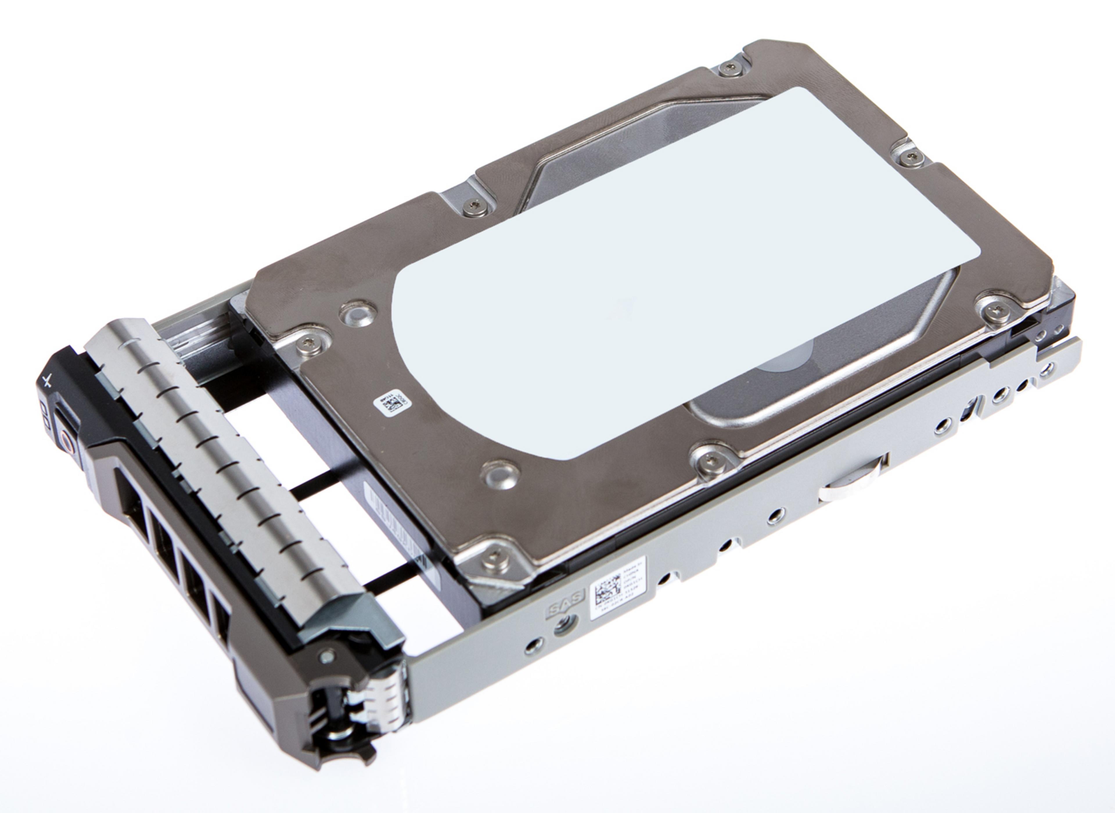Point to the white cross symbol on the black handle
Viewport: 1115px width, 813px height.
(47, 381)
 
